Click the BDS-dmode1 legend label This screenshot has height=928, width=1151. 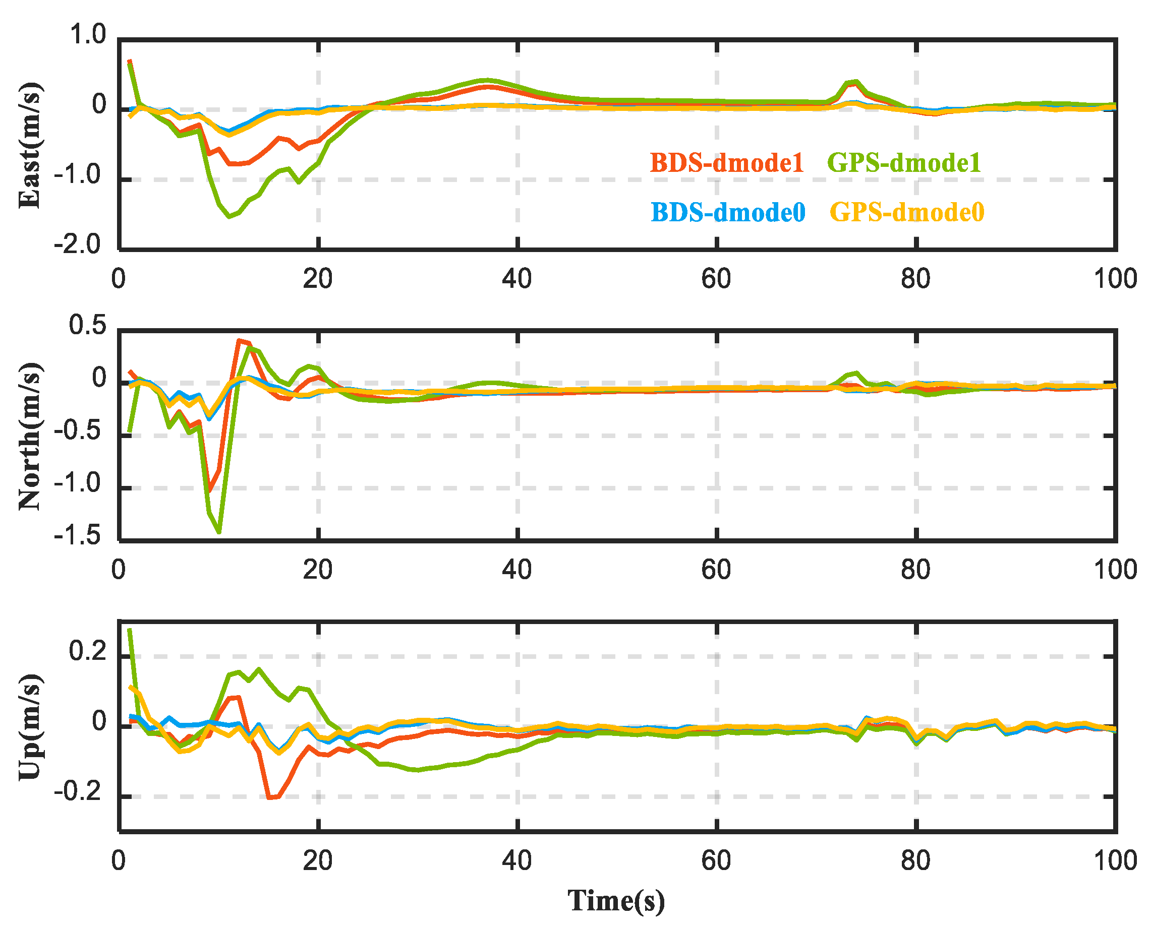pos(726,162)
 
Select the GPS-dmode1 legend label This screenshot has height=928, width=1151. pos(904,162)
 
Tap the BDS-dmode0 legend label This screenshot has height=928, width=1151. pos(728,212)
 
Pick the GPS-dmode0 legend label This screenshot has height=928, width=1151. pos(906,212)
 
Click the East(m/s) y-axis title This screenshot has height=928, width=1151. pos(30,145)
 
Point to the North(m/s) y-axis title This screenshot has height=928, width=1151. pos(30,436)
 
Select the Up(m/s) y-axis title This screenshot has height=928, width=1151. pos(30,727)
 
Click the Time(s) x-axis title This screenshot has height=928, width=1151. pos(616,900)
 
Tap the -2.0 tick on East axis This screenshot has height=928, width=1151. pos(78,245)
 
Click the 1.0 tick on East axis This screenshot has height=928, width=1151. pos(88,35)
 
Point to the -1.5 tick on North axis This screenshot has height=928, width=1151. pos(78,536)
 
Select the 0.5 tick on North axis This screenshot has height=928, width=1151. pos(88,326)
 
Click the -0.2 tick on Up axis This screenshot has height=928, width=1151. pos(78,792)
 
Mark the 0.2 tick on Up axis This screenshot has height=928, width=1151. pos(88,652)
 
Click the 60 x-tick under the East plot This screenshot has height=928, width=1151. pos(716,279)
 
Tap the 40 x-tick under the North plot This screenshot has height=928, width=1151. pos(516,570)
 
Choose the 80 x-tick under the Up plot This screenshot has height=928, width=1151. pos(915,860)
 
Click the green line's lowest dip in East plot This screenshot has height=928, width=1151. pos(229,216)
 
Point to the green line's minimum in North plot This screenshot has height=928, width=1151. pos(219,532)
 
